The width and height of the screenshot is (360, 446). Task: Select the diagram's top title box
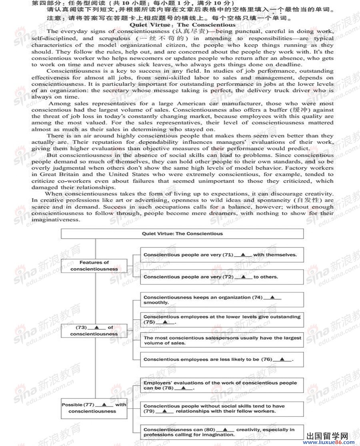pyautogui.click(x=182, y=233)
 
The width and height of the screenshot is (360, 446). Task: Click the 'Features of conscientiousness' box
pyautogui.click(x=94, y=266)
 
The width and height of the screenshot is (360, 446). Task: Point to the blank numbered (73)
pyautogui.click(x=96, y=327)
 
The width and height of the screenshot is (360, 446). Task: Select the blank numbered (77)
pyautogui.click(x=104, y=404)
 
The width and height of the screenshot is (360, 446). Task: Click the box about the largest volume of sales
pyautogui.click(x=222, y=340)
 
